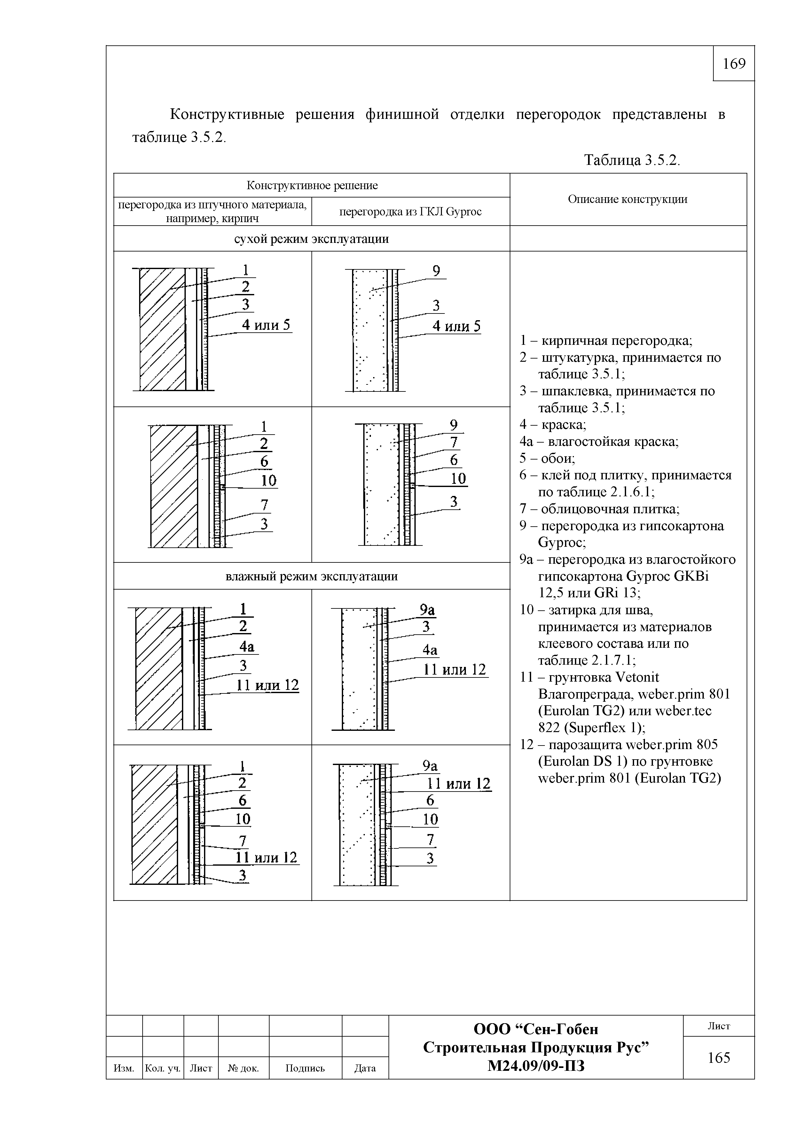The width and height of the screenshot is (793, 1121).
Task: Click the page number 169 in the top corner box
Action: [x=734, y=64]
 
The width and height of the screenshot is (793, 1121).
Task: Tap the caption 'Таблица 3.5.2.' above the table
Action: [x=632, y=160]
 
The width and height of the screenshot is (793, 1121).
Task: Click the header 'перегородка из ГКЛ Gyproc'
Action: [x=411, y=212]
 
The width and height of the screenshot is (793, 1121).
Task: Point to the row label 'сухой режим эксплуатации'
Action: [x=312, y=239]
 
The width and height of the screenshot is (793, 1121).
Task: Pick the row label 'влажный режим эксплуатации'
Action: [x=312, y=576]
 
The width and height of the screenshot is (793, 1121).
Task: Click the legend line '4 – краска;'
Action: [x=553, y=424]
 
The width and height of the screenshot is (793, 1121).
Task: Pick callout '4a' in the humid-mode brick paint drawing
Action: [x=247, y=647]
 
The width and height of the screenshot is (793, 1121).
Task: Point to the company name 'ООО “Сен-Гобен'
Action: [x=536, y=1029]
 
